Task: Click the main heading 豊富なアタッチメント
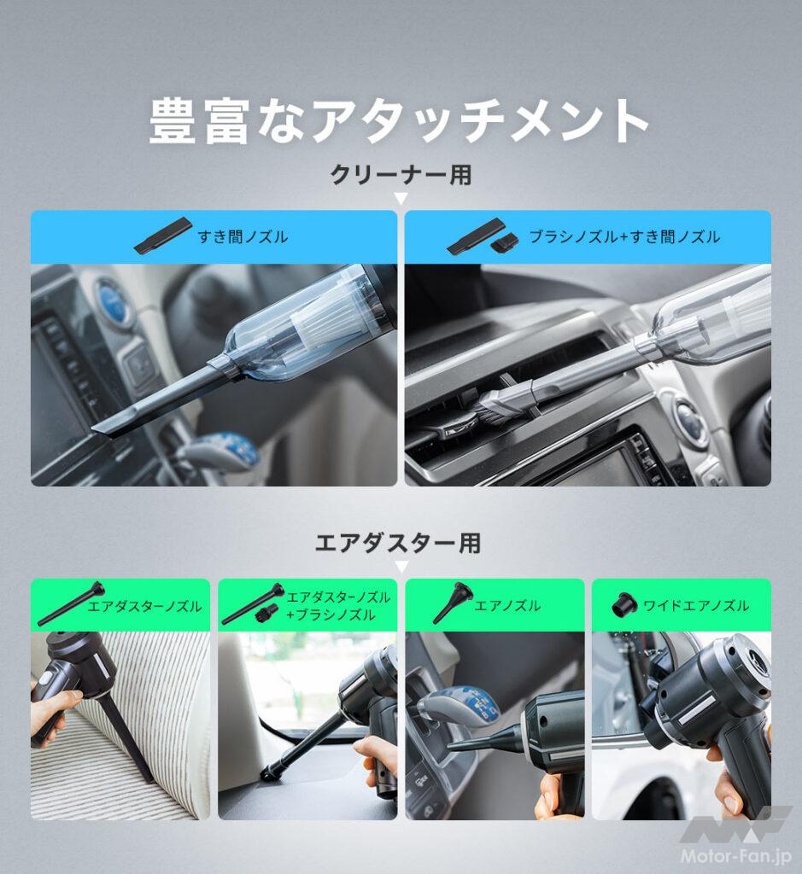[400, 122]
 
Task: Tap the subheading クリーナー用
[401, 175]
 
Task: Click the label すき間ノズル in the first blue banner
[243, 236]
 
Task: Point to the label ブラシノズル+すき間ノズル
[623, 236]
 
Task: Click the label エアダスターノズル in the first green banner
[144, 606]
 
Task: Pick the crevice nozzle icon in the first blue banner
[163, 236]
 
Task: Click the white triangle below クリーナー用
[401, 199]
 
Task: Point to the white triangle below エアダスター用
[401, 566]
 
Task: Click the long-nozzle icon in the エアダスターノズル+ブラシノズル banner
[252, 603]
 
